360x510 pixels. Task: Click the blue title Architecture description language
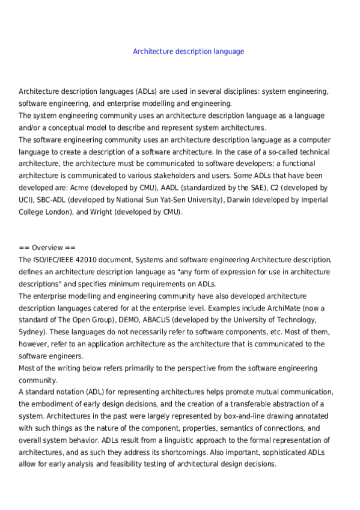(x=188, y=52)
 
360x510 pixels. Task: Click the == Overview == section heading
(x=47, y=248)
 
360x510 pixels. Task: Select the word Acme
(x=79, y=188)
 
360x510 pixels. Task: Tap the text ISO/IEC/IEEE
(x=55, y=260)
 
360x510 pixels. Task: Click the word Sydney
(x=31, y=332)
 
